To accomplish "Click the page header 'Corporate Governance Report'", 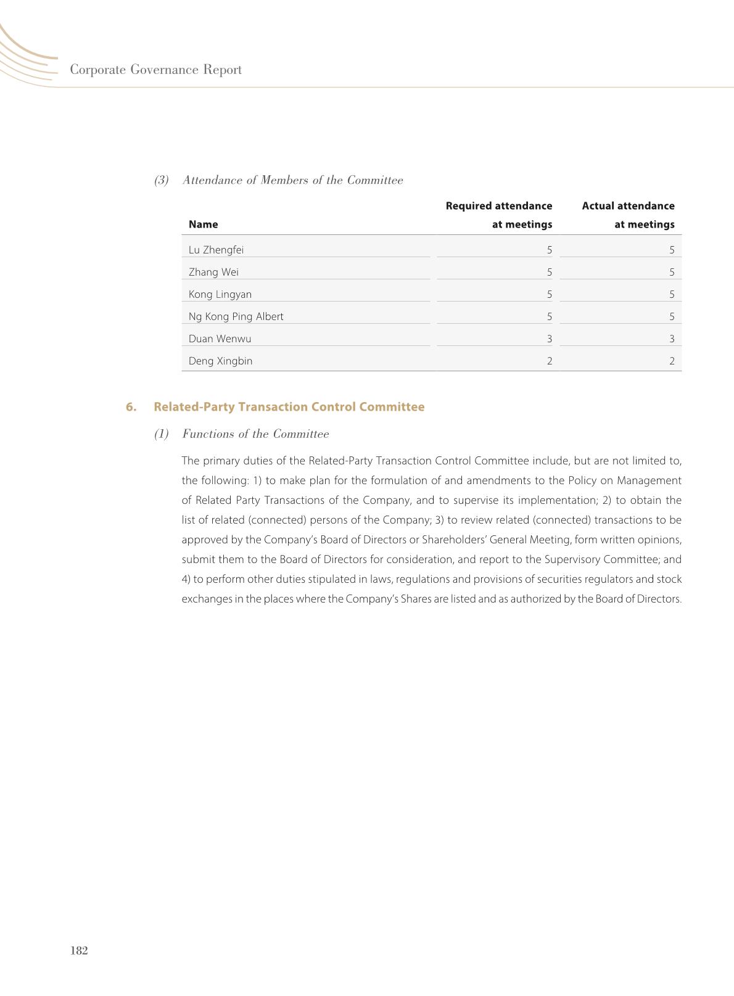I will point(155,70).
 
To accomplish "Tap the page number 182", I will point(79,950).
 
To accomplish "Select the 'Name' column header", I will point(203,224).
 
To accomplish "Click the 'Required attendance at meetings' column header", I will point(498,215).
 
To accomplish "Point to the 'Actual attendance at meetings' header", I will point(628,215).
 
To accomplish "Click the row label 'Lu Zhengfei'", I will point(216,250).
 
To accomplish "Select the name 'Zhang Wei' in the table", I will point(213,272).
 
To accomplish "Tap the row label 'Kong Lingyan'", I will point(220,294).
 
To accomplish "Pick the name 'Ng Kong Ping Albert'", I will point(236,316).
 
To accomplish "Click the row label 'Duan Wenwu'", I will point(220,339).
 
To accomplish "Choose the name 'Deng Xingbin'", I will point(220,361).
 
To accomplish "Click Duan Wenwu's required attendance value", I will point(549,339).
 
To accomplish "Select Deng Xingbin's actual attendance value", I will point(672,361).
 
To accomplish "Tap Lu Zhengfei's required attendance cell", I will point(549,250).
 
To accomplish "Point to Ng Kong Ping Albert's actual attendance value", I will point(672,316).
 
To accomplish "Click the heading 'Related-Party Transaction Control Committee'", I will point(289,407).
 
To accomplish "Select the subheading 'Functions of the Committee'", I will point(255,434).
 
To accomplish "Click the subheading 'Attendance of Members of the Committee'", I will point(292,180).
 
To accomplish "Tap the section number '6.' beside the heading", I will point(131,407).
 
